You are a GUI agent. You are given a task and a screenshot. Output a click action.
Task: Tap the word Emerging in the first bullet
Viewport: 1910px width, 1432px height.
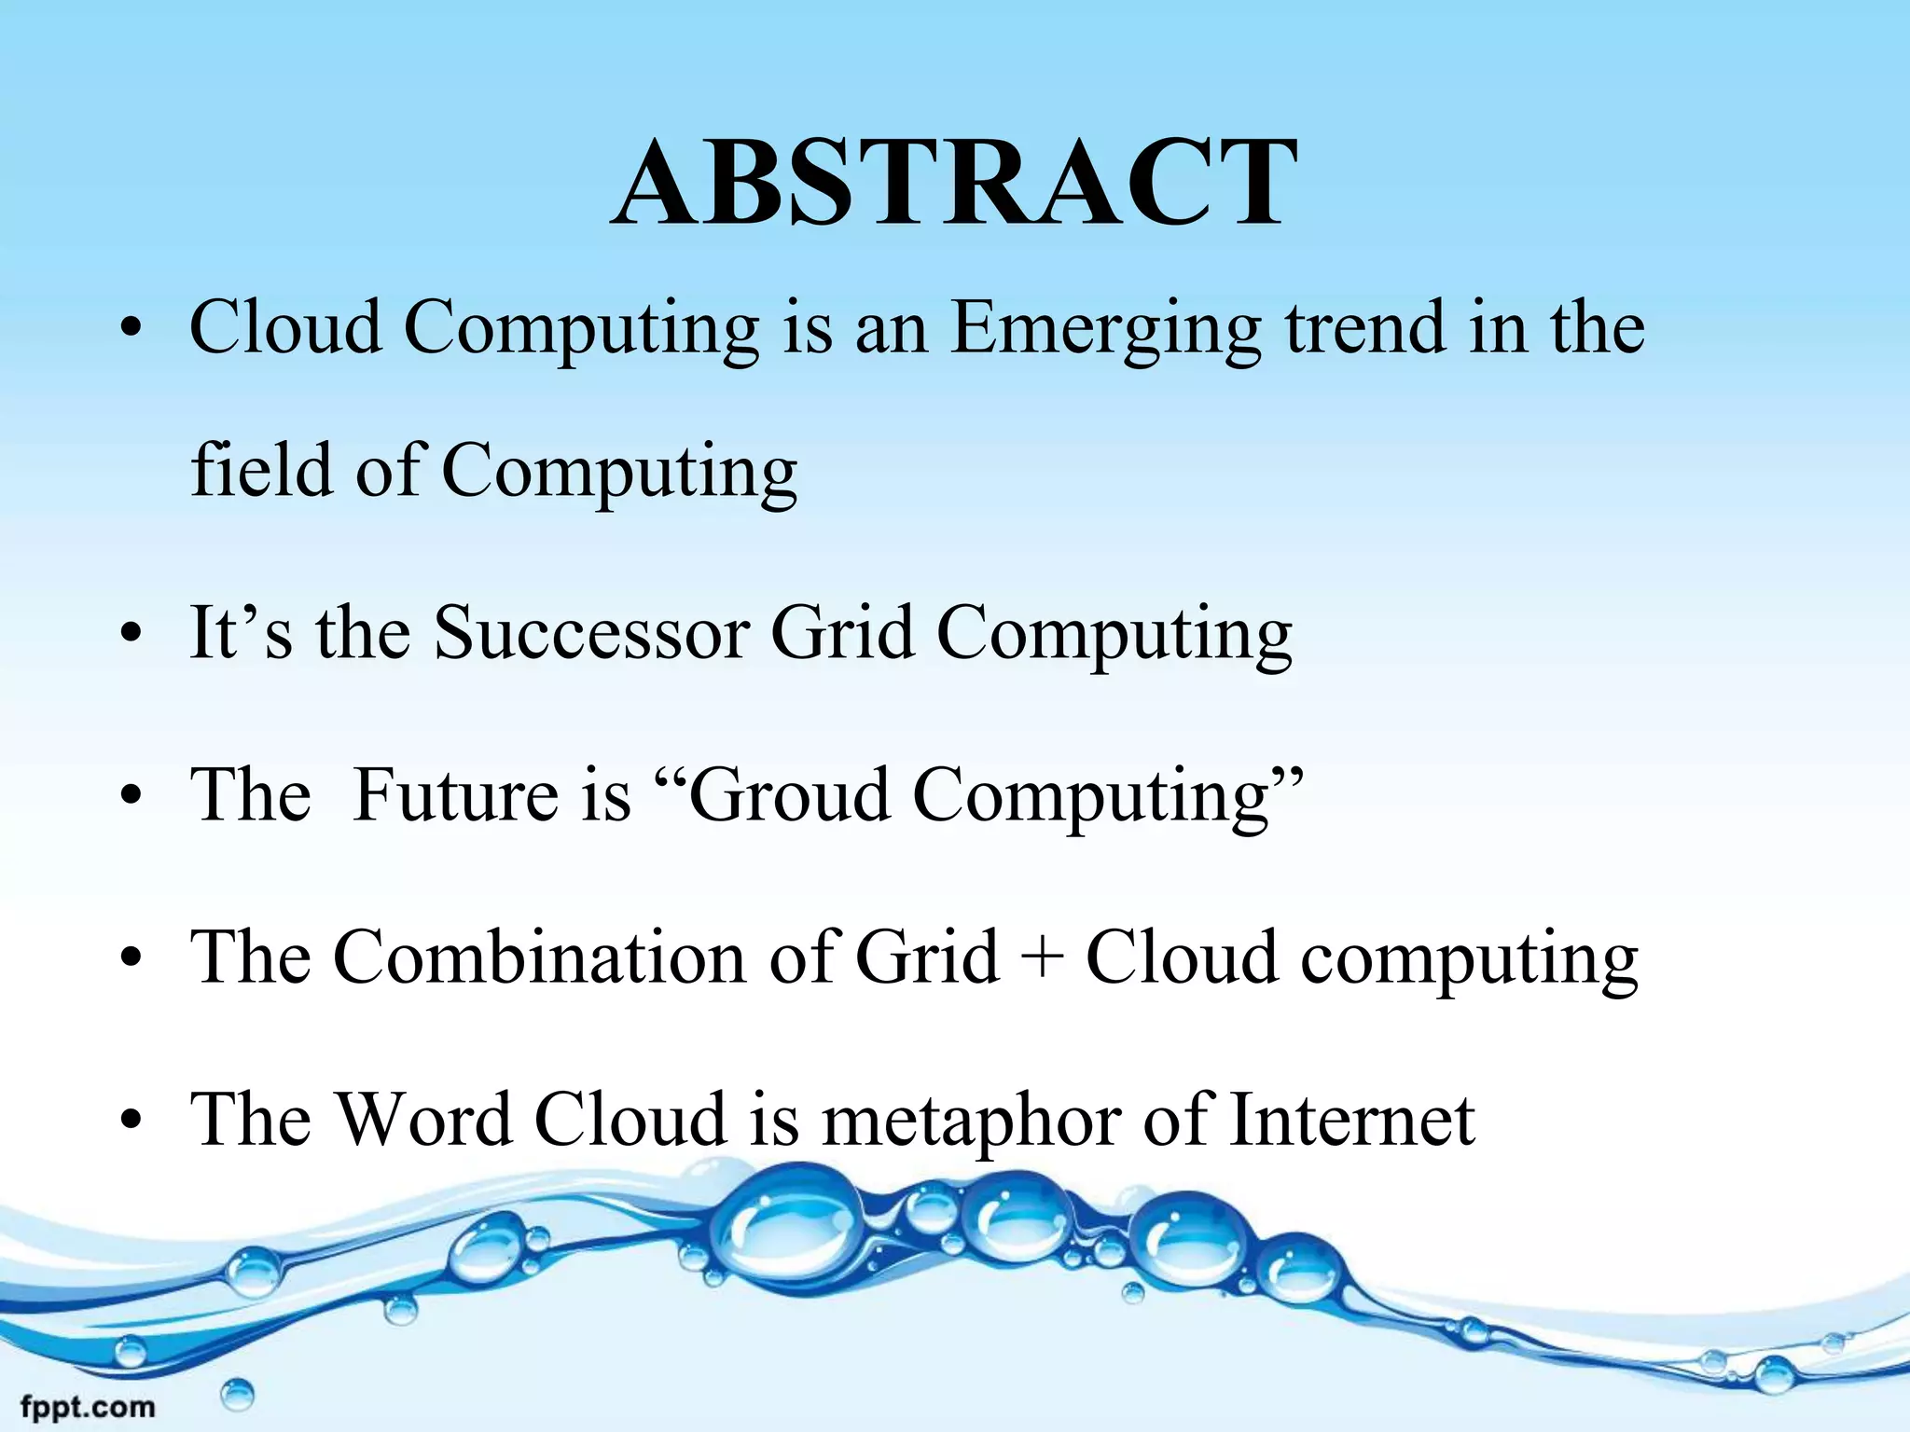(x=1106, y=331)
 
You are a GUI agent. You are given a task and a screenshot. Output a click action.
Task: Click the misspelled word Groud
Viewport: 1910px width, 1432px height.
(x=789, y=795)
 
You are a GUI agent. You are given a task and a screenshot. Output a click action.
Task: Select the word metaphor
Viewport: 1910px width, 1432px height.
(x=971, y=1122)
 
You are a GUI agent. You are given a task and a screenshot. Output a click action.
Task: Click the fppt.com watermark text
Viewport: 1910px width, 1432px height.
(x=88, y=1406)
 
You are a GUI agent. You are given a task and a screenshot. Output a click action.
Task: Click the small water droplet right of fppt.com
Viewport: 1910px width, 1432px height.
(x=238, y=1396)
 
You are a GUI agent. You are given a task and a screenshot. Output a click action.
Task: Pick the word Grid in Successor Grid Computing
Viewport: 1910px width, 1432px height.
(x=843, y=633)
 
